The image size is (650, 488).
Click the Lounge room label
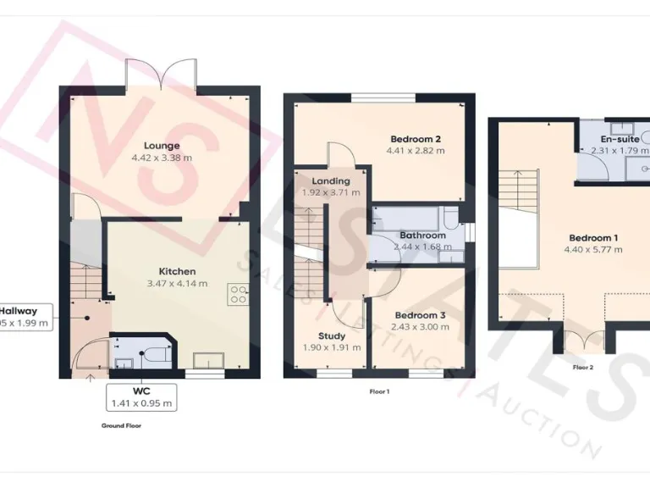161,146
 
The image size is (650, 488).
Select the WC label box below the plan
141,398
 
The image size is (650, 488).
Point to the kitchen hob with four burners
238,295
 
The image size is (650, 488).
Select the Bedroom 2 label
416,139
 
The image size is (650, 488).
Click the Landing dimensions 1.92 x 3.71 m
331,192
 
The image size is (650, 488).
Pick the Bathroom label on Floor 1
422,235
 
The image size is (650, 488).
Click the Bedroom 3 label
421,315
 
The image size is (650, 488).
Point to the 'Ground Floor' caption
116,425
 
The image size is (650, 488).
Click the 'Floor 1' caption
378,391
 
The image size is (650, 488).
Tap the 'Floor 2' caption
582,368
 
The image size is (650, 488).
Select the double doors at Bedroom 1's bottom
584,340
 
